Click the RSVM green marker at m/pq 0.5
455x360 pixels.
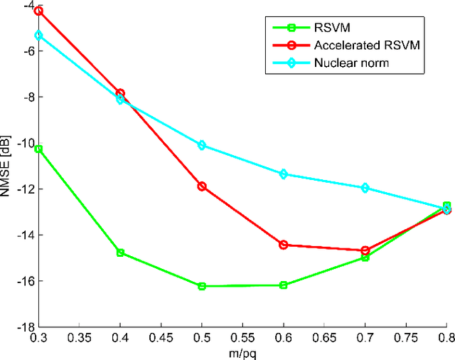(202, 286)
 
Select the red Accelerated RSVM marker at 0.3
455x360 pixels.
(38, 11)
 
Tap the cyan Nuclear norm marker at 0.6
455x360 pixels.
(284, 174)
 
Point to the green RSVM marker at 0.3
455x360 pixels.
(38, 149)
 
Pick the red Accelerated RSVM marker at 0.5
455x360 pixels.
(202, 186)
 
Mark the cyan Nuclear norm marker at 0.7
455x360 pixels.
(365, 188)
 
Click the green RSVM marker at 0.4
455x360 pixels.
(120, 253)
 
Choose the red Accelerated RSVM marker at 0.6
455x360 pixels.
(284, 245)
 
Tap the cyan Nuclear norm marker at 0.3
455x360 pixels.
(38, 35)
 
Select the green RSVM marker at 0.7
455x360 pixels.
(365, 258)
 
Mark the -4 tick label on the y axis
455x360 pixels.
(25, 6)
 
